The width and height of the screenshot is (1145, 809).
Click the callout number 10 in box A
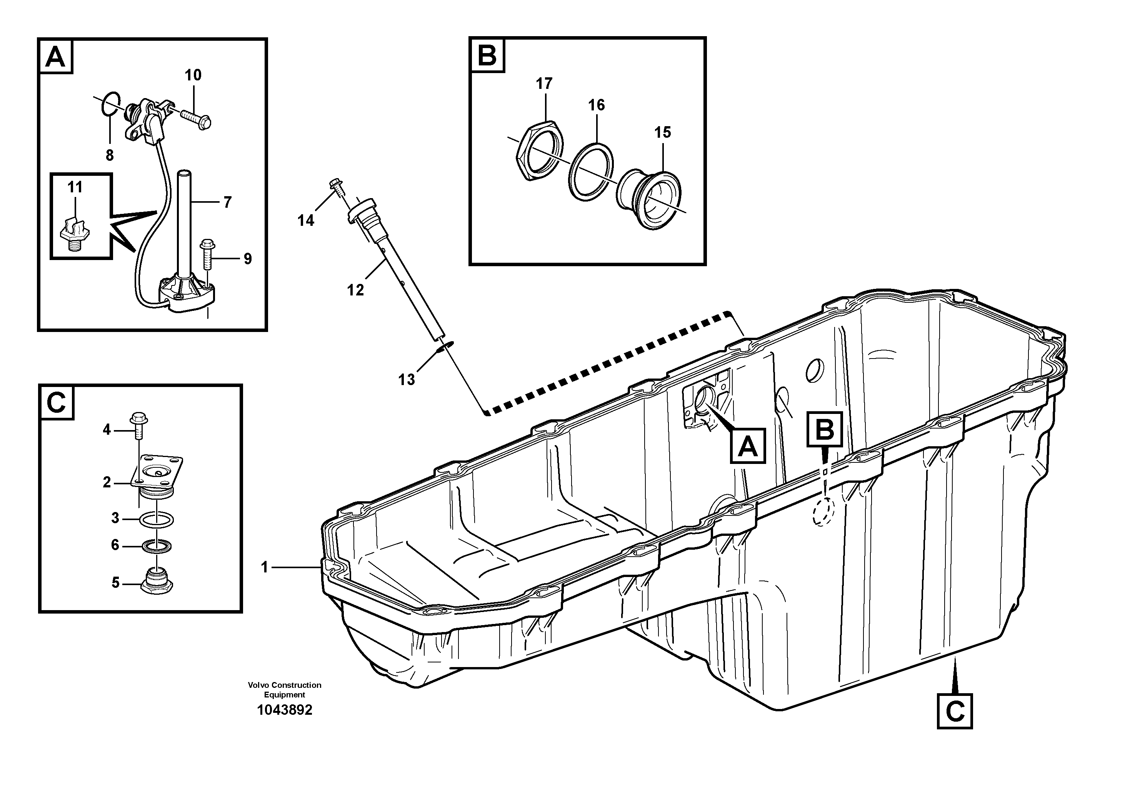(193, 75)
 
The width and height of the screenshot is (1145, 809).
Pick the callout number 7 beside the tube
(227, 202)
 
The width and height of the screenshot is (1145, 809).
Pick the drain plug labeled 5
(157, 582)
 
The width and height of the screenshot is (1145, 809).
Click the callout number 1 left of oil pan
(265, 567)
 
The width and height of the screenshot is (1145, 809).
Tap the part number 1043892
(284, 710)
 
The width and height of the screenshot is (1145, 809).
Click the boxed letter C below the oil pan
(955, 711)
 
